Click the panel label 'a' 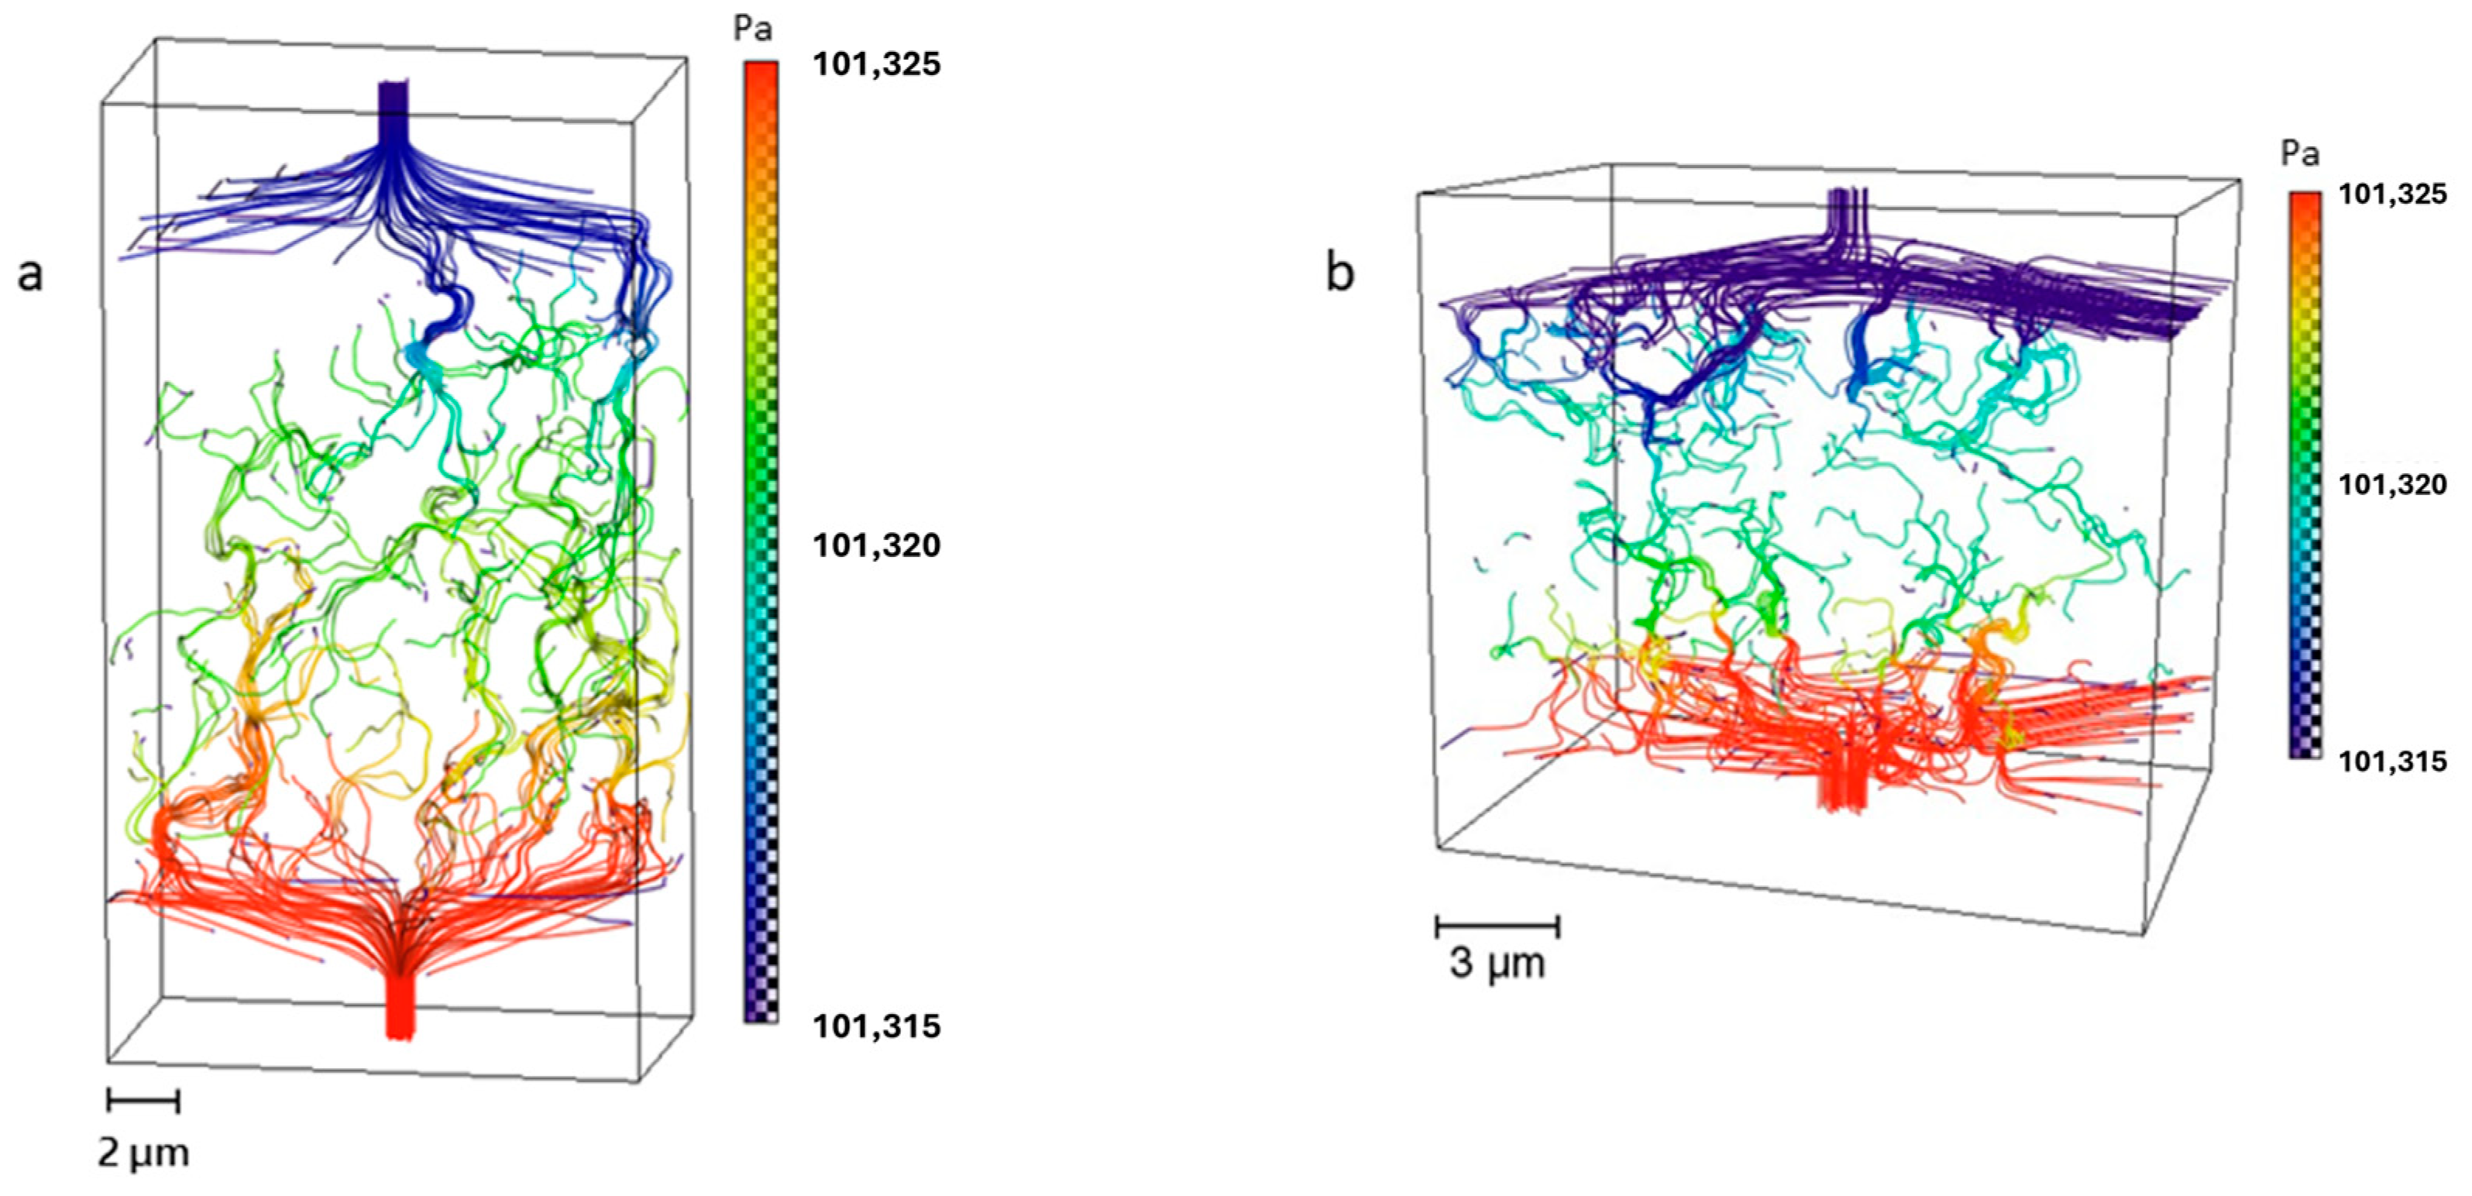[31, 274]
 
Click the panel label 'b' [1339, 273]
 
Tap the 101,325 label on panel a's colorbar [876, 64]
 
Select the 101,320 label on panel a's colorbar [876, 545]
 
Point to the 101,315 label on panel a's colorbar [876, 1026]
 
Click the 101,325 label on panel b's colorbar [2392, 195]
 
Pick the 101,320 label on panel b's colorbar [2392, 485]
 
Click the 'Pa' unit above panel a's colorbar [752, 29]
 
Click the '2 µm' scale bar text [143, 1153]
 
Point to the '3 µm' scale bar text [1497, 963]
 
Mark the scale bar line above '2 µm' [143, 1100]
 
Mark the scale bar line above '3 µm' [1497, 926]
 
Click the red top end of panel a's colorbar [761, 72]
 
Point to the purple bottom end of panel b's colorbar [2305, 749]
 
